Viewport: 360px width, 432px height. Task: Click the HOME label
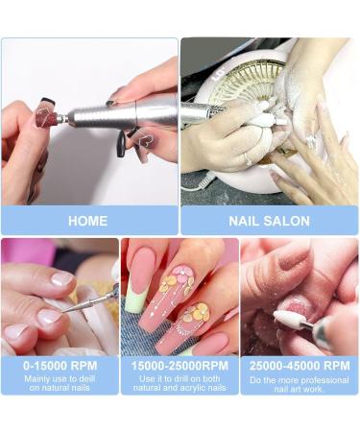pos(87,221)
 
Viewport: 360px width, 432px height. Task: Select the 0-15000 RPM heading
pos(60,366)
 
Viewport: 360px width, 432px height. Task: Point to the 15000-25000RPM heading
pos(180,366)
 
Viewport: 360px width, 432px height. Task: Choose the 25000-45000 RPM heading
pos(300,366)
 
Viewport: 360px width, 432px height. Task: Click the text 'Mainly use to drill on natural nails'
pos(60,383)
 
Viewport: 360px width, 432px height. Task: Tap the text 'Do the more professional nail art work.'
pos(300,383)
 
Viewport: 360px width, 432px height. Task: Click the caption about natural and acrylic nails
pos(180,383)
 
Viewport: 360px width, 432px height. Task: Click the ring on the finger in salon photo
pos(247,157)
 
